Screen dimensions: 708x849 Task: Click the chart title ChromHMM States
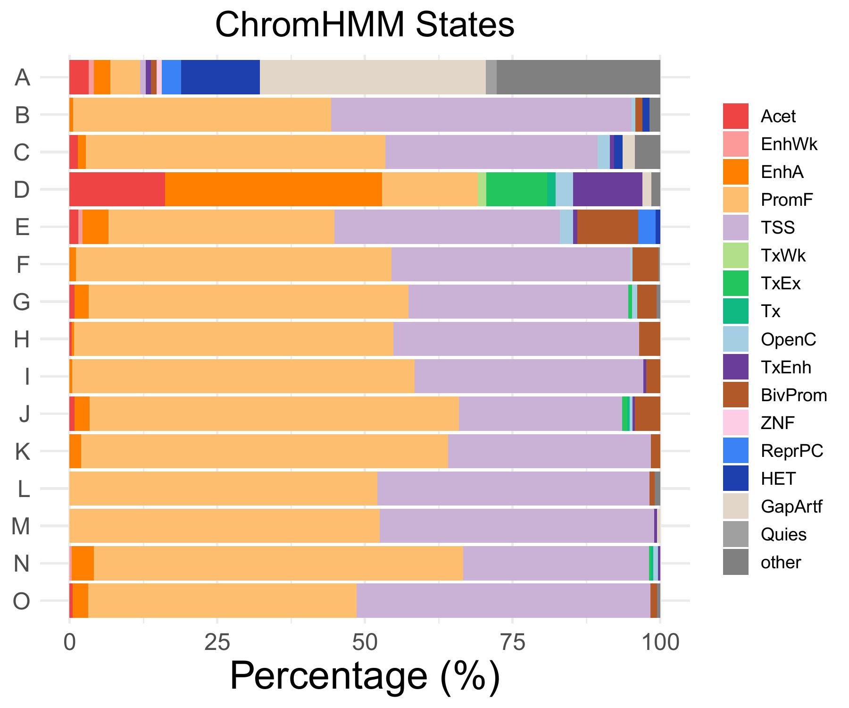(364, 25)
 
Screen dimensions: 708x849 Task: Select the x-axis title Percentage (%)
(364, 676)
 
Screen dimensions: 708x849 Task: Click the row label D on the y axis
(22, 190)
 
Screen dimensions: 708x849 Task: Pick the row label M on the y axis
(21, 526)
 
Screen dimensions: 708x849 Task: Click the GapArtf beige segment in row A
(373, 77)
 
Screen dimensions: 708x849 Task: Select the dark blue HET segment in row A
(220, 77)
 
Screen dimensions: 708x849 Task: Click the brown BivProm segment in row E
(608, 227)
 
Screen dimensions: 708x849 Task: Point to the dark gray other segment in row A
(578, 77)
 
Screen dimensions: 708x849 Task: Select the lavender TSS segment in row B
(481, 115)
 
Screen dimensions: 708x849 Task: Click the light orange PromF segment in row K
(264, 451)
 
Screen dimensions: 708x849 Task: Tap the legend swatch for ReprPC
(735, 451)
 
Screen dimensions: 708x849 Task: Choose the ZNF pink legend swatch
(735, 423)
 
